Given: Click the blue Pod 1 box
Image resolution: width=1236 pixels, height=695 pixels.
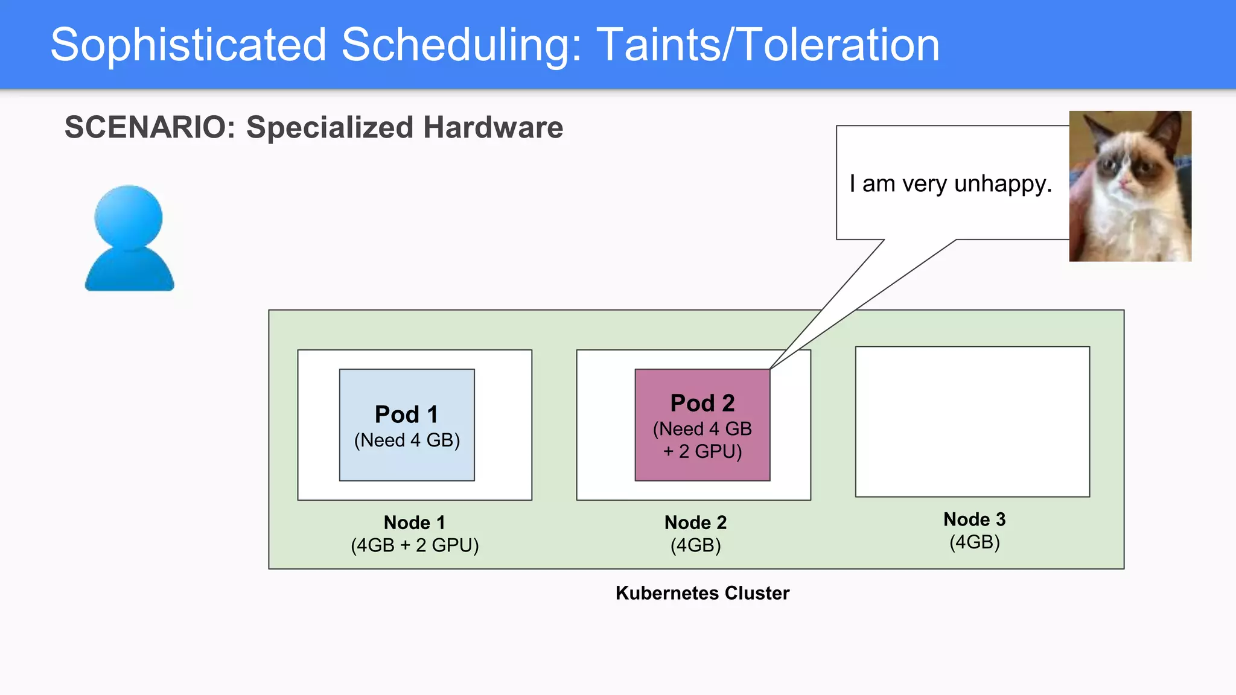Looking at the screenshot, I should [407, 425].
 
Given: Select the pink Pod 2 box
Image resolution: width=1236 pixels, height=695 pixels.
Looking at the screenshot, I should [702, 425].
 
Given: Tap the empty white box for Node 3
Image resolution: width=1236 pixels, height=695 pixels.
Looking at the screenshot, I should [972, 422].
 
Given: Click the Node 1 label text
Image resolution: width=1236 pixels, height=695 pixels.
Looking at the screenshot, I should [415, 522].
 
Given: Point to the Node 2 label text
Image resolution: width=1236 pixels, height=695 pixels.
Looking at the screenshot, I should [695, 522].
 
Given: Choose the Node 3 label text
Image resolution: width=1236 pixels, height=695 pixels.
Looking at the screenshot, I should [974, 519].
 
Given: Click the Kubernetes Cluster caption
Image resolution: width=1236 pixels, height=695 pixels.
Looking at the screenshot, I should [702, 593].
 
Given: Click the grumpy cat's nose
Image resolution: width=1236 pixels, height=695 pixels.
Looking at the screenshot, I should [1123, 182].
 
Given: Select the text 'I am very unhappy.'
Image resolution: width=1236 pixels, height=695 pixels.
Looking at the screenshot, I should [950, 183].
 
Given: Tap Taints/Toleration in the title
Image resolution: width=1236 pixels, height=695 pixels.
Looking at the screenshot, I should [768, 45].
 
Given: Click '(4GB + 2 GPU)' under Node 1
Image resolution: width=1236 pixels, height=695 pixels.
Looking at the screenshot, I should [415, 545].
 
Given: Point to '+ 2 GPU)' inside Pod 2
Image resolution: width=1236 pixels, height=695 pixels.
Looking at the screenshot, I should [702, 451].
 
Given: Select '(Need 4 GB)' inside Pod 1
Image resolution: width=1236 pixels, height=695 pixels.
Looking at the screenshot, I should [407, 440].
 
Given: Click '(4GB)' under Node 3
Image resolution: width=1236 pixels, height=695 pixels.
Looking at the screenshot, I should [974, 542].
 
